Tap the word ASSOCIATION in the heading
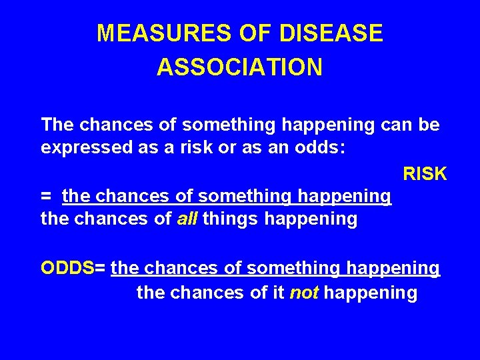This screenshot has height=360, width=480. (240, 67)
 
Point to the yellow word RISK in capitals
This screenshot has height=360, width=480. (425, 174)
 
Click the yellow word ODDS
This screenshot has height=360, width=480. (67, 268)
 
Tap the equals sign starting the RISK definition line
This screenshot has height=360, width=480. (46, 196)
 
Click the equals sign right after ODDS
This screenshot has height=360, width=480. (100, 268)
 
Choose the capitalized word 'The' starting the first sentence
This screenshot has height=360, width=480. (58, 125)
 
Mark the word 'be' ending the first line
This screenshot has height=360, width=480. (429, 125)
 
